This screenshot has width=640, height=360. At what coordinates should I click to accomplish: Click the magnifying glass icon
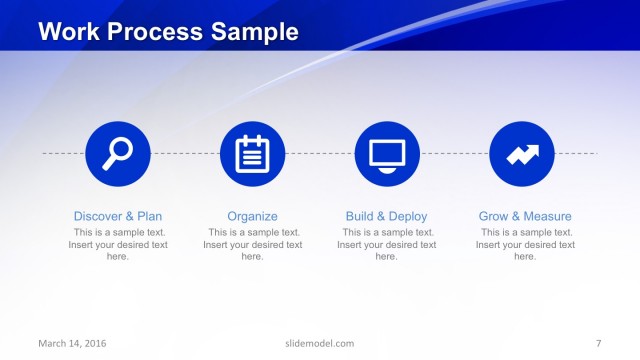(x=118, y=153)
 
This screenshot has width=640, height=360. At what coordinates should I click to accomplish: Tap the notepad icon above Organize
(x=252, y=153)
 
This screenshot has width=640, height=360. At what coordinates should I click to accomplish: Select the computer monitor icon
(x=387, y=153)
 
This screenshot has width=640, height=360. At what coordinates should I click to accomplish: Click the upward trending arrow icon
(x=522, y=153)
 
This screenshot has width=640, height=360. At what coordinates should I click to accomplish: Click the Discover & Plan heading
(x=118, y=216)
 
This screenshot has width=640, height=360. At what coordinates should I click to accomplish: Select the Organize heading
(x=252, y=216)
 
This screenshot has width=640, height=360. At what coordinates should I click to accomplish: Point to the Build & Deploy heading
(x=386, y=216)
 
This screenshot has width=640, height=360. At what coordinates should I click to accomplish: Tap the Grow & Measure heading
(x=525, y=216)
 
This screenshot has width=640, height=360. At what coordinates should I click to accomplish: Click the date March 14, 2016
(x=72, y=344)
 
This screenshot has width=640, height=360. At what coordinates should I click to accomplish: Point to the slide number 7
(x=598, y=344)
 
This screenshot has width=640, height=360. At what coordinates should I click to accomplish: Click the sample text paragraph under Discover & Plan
(x=118, y=244)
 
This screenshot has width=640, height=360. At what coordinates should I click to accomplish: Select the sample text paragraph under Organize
(x=252, y=244)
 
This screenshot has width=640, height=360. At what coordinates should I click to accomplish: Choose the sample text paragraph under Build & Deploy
(x=386, y=244)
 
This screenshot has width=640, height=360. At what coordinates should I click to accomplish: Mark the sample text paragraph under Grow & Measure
(x=525, y=244)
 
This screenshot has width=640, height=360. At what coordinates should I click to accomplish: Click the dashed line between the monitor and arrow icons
(x=454, y=153)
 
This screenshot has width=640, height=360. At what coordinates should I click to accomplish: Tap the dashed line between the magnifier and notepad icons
(x=185, y=153)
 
